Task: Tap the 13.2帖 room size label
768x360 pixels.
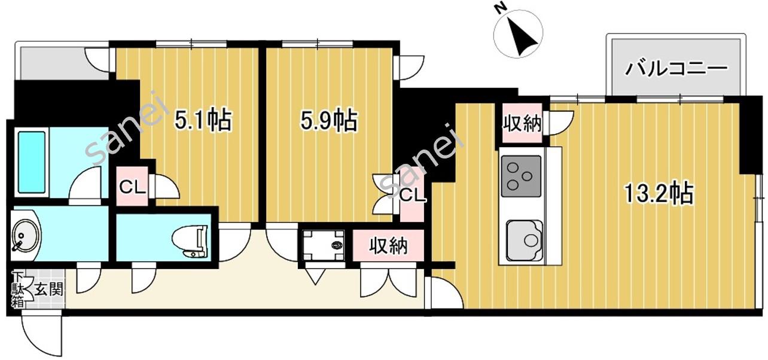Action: point(659,194)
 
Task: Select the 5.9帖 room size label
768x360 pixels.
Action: point(329,121)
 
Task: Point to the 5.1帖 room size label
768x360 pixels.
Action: point(203,120)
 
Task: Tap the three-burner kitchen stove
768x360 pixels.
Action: point(521,176)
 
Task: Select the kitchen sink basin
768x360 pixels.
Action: point(524,240)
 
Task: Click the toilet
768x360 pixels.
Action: point(190,242)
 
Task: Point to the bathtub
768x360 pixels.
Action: point(32,162)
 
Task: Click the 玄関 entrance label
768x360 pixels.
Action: point(49,288)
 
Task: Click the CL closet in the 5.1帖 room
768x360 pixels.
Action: point(132,187)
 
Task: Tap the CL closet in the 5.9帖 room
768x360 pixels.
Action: point(413,196)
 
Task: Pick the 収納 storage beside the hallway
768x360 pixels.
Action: point(388,246)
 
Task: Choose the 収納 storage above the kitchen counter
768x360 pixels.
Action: point(522,123)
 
